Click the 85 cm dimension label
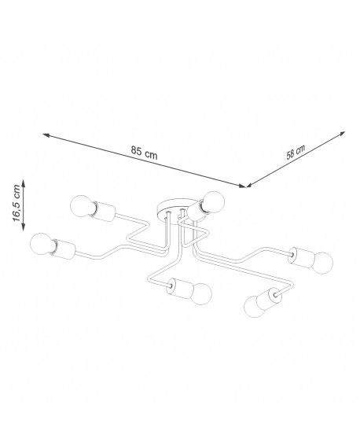pyautogui.click(x=144, y=153)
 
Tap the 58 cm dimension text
pyautogui.click(x=296, y=152)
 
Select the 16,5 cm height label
pyautogui.click(x=17, y=203)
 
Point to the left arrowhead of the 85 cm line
pyautogui.click(x=46, y=135)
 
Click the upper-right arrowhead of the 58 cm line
pyautogui.click(x=343, y=134)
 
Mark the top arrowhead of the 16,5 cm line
pyautogui.click(x=24, y=183)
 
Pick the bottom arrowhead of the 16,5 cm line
pyautogui.click(x=24, y=227)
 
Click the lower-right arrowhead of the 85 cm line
pyautogui.click(x=241, y=186)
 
